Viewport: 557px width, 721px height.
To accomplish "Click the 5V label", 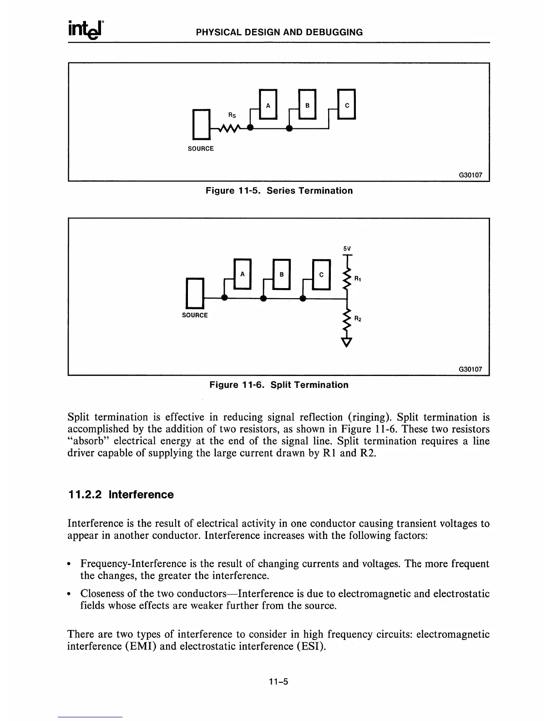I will tap(347, 249).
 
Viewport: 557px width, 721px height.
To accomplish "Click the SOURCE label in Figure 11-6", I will tap(195, 315).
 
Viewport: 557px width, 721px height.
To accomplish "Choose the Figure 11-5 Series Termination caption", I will tap(279, 191).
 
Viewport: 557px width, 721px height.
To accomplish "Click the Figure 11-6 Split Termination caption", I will tap(278, 385).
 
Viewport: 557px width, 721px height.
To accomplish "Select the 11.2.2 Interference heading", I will tap(121, 495).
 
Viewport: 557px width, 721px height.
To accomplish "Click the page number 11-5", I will tap(278, 681).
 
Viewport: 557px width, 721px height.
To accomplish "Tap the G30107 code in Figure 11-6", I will tap(470, 369).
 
